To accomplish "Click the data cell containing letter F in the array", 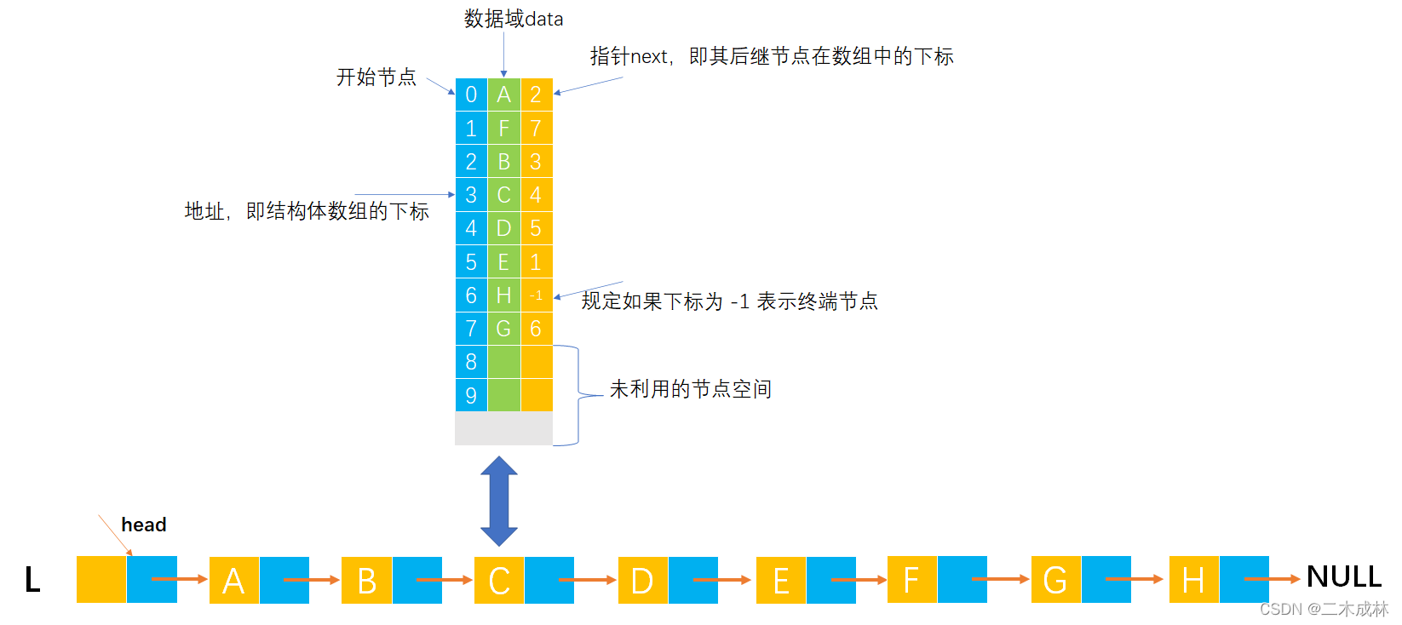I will (503, 129).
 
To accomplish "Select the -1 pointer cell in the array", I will (536, 295).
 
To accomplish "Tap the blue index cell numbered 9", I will (471, 395).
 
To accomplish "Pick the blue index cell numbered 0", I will (471, 95).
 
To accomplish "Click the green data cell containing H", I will (503, 295).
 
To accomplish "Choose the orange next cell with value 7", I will (536, 129).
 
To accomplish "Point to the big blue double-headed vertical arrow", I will (499, 501).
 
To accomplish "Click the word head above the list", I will (143, 525).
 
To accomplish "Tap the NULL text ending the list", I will (1344, 577).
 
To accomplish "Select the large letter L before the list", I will (32, 580).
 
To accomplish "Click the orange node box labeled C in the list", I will (499, 580).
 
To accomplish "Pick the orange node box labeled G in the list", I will (1055, 580).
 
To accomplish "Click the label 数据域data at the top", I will (514, 19).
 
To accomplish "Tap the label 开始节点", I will (376, 77).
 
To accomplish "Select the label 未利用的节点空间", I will (690, 389).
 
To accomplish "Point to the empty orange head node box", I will (101, 580).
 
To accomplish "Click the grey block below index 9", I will (503, 428).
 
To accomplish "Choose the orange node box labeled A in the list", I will (233, 580).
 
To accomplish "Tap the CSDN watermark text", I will (1324, 609).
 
